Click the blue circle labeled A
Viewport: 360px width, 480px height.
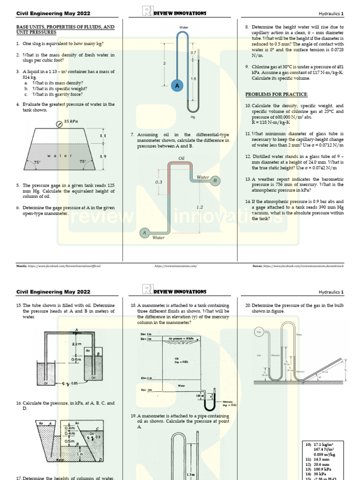coord(177,86)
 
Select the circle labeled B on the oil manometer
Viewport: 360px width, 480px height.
coord(215,180)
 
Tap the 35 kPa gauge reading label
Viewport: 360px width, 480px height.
coord(71,121)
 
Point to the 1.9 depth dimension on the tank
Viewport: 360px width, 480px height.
coord(103,156)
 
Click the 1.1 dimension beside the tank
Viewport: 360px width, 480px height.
coord(103,135)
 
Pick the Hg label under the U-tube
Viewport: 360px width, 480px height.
coord(193,117)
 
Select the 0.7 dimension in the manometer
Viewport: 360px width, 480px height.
coord(193,53)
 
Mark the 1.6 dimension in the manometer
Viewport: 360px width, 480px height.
coord(193,79)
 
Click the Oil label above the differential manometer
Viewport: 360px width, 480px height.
coord(181,158)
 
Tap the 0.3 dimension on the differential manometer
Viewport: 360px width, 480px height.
coord(158,182)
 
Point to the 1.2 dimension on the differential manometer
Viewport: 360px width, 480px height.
coord(200,206)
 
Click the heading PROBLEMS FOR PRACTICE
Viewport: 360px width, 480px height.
coord(277,94)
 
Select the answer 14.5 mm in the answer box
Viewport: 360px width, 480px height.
coord(321,459)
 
